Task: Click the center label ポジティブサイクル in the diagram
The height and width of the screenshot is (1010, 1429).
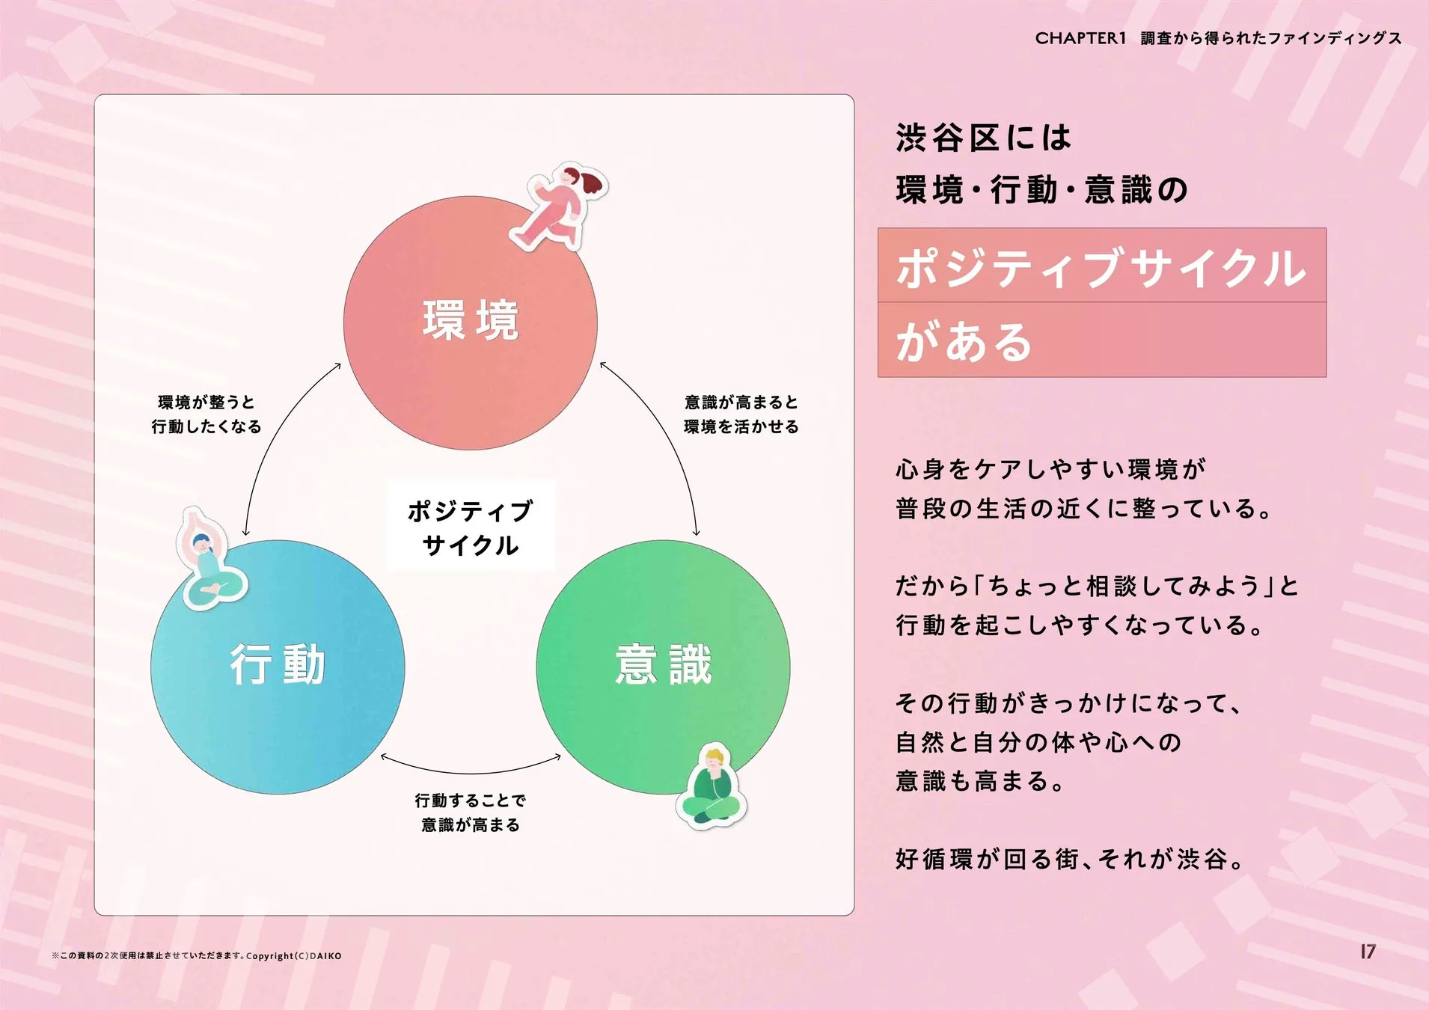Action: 470,527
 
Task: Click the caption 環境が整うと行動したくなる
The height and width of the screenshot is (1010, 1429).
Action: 206,414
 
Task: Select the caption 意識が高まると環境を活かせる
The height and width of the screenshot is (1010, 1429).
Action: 741,414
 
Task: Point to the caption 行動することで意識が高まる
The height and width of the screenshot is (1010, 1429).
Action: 471,812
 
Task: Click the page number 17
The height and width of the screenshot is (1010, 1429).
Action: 1368,952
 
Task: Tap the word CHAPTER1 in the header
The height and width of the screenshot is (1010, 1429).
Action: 1080,38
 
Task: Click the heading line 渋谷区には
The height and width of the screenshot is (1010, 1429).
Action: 983,138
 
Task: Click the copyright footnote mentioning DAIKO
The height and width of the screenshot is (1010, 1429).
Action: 197,955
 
